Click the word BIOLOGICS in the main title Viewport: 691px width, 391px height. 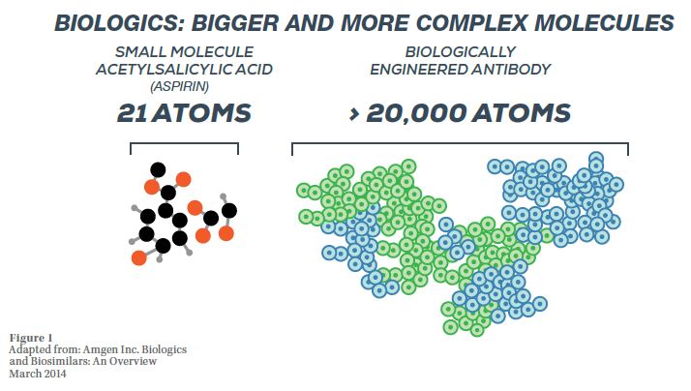119,23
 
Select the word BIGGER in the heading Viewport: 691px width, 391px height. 234,23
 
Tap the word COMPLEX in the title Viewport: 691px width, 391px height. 471,23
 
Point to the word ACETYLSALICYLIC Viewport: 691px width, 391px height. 164,70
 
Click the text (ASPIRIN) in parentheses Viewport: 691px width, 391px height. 179,86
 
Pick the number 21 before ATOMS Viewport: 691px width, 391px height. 132,113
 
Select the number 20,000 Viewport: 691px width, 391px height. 416,113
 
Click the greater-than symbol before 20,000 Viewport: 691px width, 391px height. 354,114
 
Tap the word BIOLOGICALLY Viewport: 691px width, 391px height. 460,51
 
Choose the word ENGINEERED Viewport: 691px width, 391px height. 419,70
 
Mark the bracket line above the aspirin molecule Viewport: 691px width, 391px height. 184,143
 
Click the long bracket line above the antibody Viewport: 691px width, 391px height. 460,143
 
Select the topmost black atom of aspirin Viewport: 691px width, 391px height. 158,169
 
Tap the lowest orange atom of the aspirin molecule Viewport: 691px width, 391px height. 138,257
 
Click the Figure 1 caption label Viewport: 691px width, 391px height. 31,338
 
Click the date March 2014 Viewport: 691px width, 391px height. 38,374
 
